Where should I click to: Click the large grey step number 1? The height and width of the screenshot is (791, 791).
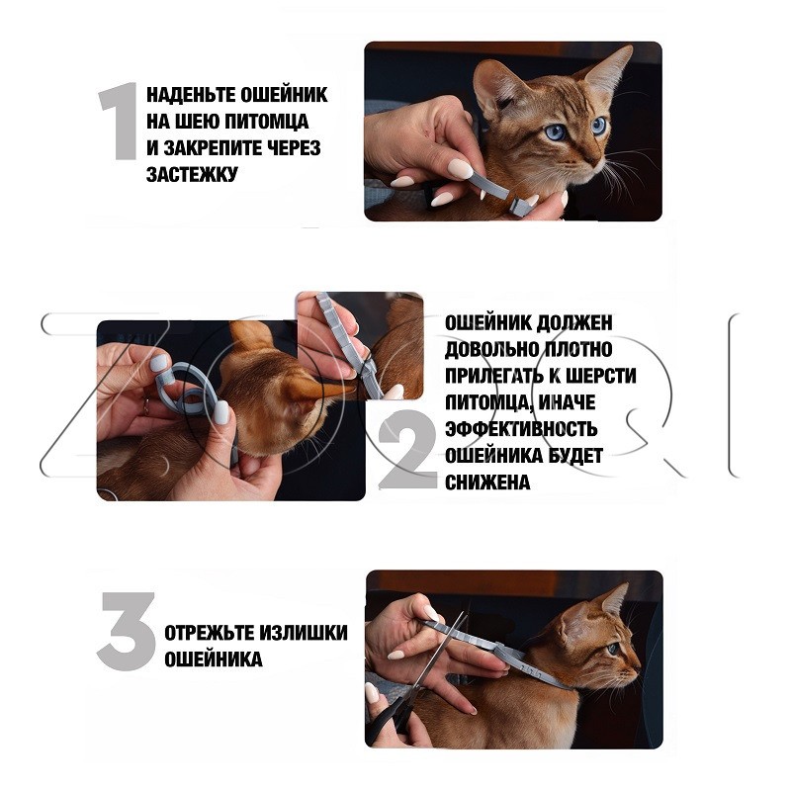(120, 122)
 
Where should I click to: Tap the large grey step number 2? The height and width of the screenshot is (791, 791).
(407, 450)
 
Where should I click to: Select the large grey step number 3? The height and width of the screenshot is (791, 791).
(127, 631)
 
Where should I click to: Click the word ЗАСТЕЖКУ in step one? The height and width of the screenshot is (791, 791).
(192, 175)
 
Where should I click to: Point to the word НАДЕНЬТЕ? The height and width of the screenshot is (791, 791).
(191, 94)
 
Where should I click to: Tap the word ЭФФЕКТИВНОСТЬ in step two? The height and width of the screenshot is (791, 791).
(521, 429)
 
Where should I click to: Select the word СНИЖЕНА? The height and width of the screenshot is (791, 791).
(487, 483)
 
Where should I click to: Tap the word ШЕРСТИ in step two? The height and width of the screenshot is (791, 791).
(600, 376)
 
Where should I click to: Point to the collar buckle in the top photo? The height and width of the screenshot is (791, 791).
(521, 207)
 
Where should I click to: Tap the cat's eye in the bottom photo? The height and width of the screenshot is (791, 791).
(613, 649)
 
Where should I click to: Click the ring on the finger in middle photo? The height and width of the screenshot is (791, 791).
(146, 406)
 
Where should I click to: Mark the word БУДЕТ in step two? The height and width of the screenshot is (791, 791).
(575, 456)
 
